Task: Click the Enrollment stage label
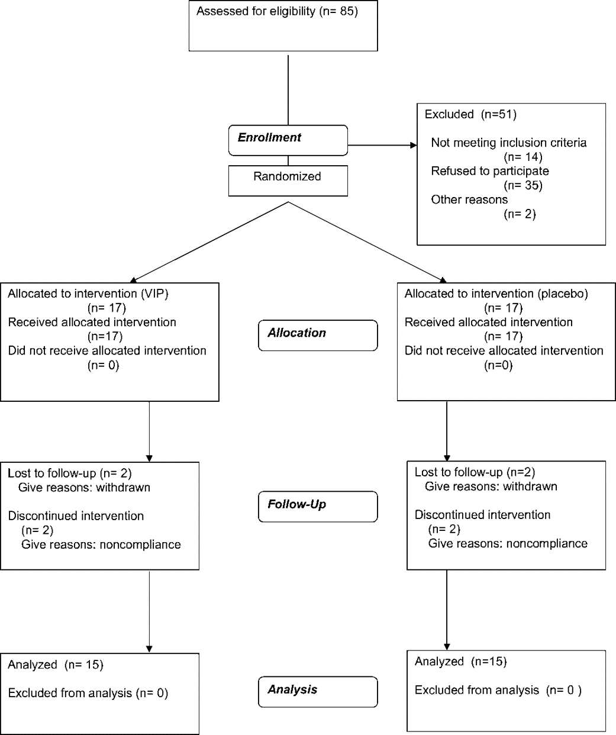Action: (269, 137)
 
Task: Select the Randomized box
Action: (288, 180)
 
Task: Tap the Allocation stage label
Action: (296, 333)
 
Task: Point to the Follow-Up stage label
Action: (296, 504)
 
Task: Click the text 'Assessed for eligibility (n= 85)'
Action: (277, 11)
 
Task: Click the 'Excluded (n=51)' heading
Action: (470, 114)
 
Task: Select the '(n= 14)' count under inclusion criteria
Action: (523, 157)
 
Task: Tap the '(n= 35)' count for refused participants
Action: (523, 185)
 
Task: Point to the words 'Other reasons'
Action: (470, 199)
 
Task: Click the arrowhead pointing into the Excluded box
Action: (414, 145)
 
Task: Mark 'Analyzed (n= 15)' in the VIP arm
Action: (56, 665)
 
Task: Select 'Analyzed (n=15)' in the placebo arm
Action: (461, 662)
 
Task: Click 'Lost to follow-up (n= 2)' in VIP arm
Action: (70, 473)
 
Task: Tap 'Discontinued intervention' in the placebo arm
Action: (483, 515)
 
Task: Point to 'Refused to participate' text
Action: (490, 171)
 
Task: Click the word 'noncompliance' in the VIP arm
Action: (140, 544)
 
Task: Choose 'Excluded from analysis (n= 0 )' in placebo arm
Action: (498, 690)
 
